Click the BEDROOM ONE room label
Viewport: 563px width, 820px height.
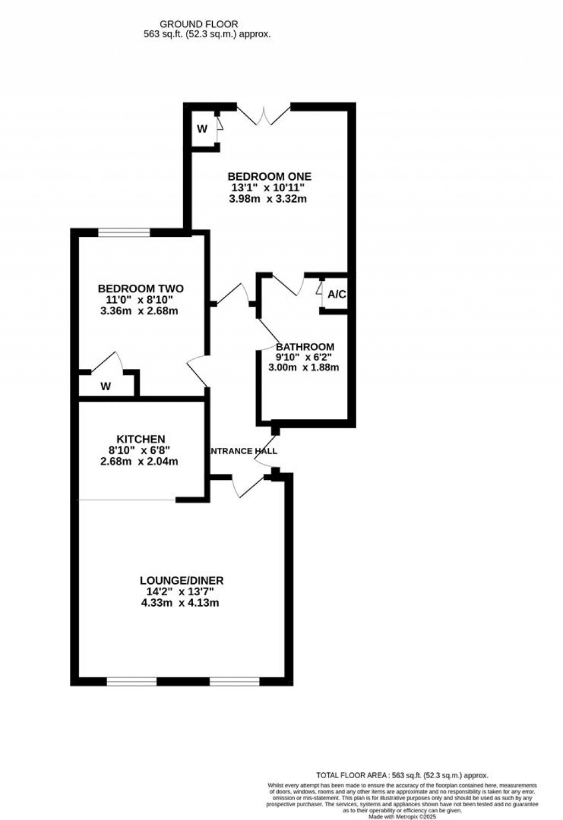tap(269, 176)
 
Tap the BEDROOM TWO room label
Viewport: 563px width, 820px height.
tap(141, 289)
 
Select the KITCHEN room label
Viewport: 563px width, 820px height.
tap(141, 439)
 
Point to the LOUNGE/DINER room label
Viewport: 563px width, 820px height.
tap(181, 580)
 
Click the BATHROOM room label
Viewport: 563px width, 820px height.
tap(305, 347)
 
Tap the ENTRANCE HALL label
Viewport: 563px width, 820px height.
tap(244, 451)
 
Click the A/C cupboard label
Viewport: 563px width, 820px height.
tap(336, 295)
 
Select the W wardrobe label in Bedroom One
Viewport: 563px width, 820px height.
tap(202, 129)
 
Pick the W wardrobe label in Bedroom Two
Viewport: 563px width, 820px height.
tap(106, 386)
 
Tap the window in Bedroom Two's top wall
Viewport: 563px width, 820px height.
tap(124, 233)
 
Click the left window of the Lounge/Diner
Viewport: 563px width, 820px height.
tap(131, 682)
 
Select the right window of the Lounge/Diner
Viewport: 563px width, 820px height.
tap(234, 682)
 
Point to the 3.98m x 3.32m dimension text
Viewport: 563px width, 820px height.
tap(268, 198)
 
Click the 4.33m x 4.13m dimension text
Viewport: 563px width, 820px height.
tap(180, 603)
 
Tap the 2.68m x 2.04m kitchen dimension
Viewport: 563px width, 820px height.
tap(139, 462)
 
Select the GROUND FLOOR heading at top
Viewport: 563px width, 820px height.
tap(198, 24)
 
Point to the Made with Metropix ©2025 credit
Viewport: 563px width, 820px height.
tap(402, 817)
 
